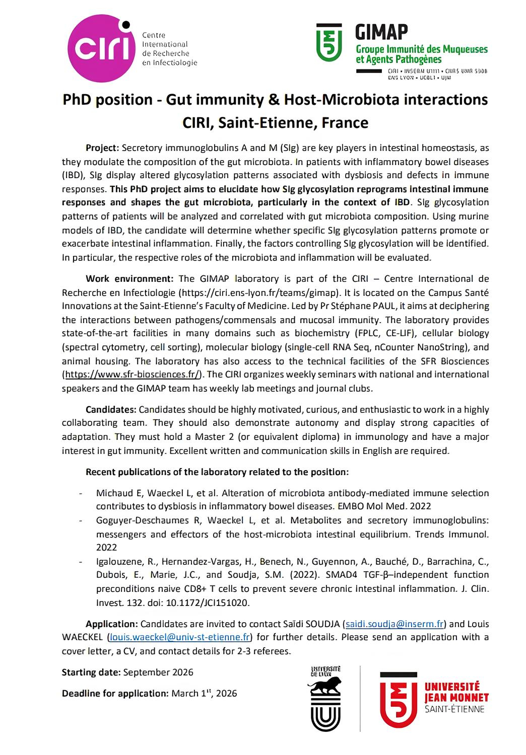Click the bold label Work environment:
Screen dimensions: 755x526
(x=129, y=278)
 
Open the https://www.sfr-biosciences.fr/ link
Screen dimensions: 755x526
(x=132, y=374)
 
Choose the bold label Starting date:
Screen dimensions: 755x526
(x=91, y=672)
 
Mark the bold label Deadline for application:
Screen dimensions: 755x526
(x=115, y=694)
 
